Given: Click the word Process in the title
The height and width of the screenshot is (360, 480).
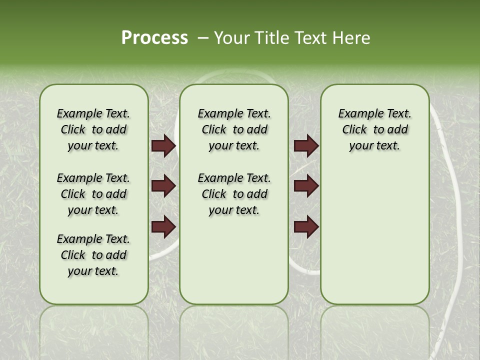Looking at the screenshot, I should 154,38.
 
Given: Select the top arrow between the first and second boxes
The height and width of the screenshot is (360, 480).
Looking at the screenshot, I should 163,146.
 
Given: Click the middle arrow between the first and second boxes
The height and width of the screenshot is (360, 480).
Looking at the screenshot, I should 163,186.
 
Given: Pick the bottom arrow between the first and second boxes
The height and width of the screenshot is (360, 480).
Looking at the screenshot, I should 163,226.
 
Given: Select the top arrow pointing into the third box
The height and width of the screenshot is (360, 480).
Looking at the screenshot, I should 306,146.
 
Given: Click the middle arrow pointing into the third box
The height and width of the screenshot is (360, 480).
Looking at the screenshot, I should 306,186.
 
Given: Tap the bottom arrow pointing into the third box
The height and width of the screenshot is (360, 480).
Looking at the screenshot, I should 306,226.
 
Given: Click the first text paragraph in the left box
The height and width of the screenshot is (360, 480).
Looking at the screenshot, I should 93,129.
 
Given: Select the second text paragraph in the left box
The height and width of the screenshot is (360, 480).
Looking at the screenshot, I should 93,194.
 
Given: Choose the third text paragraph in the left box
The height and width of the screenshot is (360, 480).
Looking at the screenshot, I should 93,255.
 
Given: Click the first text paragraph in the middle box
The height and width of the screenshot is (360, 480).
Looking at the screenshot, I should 234,129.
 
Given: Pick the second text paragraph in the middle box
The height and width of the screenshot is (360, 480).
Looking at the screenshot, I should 234,194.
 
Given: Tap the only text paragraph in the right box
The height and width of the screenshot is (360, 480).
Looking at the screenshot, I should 374,129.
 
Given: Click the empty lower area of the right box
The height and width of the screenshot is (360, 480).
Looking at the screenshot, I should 374,235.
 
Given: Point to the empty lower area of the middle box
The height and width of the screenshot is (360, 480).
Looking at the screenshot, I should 234,265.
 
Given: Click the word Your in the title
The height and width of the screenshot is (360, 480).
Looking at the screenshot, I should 232,38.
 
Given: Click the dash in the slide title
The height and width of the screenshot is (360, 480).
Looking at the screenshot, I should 203,38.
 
